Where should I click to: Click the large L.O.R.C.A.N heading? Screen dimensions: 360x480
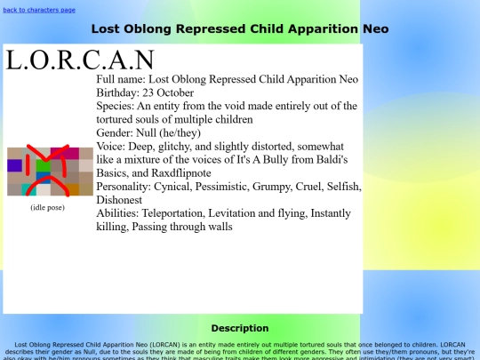click(x=79, y=60)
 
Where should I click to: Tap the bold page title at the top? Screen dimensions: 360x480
click(x=240, y=28)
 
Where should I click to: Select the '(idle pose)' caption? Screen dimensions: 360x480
click(x=48, y=207)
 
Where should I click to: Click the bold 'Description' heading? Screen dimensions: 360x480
click(x=240, y=328)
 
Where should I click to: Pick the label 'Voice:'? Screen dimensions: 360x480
click(x=111, y=146)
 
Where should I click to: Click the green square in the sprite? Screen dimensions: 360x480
click(x=42, y=165)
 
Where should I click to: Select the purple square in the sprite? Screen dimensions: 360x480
click(x=15, y=165)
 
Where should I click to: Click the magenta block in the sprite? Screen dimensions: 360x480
click(x=60, y=152)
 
